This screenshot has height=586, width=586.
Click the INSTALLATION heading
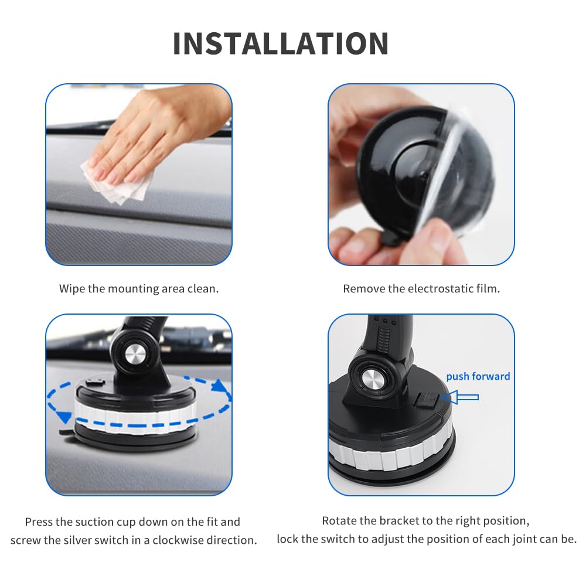281,43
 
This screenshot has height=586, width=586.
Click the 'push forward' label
478,376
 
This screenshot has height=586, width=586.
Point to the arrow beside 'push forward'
464,397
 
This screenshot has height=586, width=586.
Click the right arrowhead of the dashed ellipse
221,387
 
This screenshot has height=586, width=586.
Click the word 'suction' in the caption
117,522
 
